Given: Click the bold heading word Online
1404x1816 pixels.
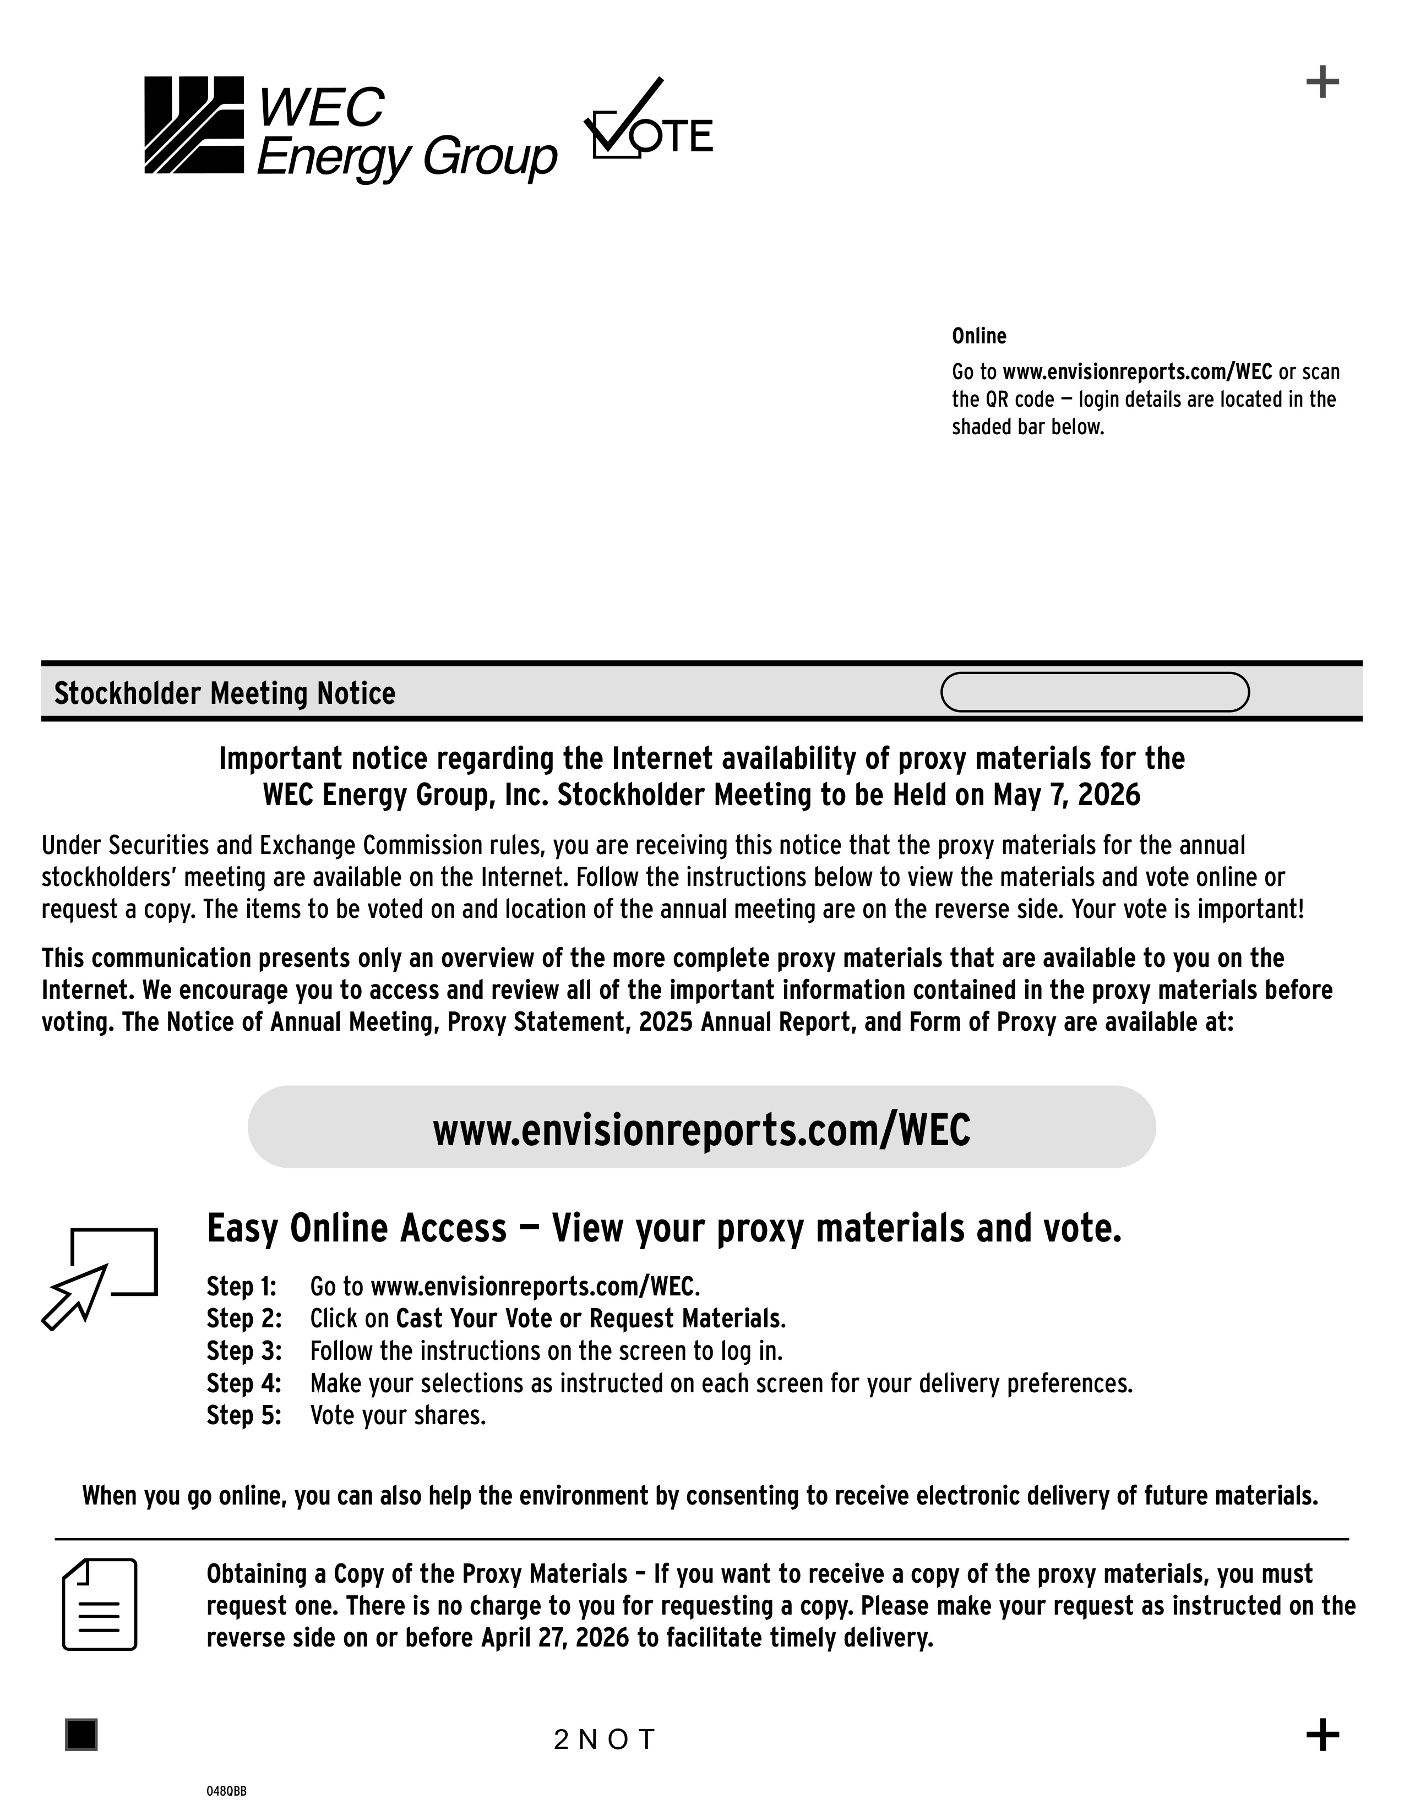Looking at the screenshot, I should pyautogui.click(x=979, y=336).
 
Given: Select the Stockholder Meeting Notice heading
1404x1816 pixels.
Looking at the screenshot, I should pyautogui.click(x=225, y=693).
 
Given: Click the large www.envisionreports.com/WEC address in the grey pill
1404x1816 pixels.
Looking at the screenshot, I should pyautogui.click(x=701, y=1130).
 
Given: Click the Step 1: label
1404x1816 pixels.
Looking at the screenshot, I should pyautogui.click(x=241, y=1287).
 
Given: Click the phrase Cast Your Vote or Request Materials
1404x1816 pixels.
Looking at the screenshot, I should pyautogui.click(x=590, y=1319).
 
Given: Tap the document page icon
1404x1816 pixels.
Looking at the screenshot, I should pyautogui.click(x=100, y=1605).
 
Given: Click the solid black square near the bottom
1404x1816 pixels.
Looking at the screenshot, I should pyautogui.click(x=81, y=1735).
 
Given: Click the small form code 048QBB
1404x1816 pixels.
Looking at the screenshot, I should pyautogui.click(x=226, y=1792).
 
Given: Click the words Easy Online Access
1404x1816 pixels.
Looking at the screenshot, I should pyautogui.click(x=356, y=1229).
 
